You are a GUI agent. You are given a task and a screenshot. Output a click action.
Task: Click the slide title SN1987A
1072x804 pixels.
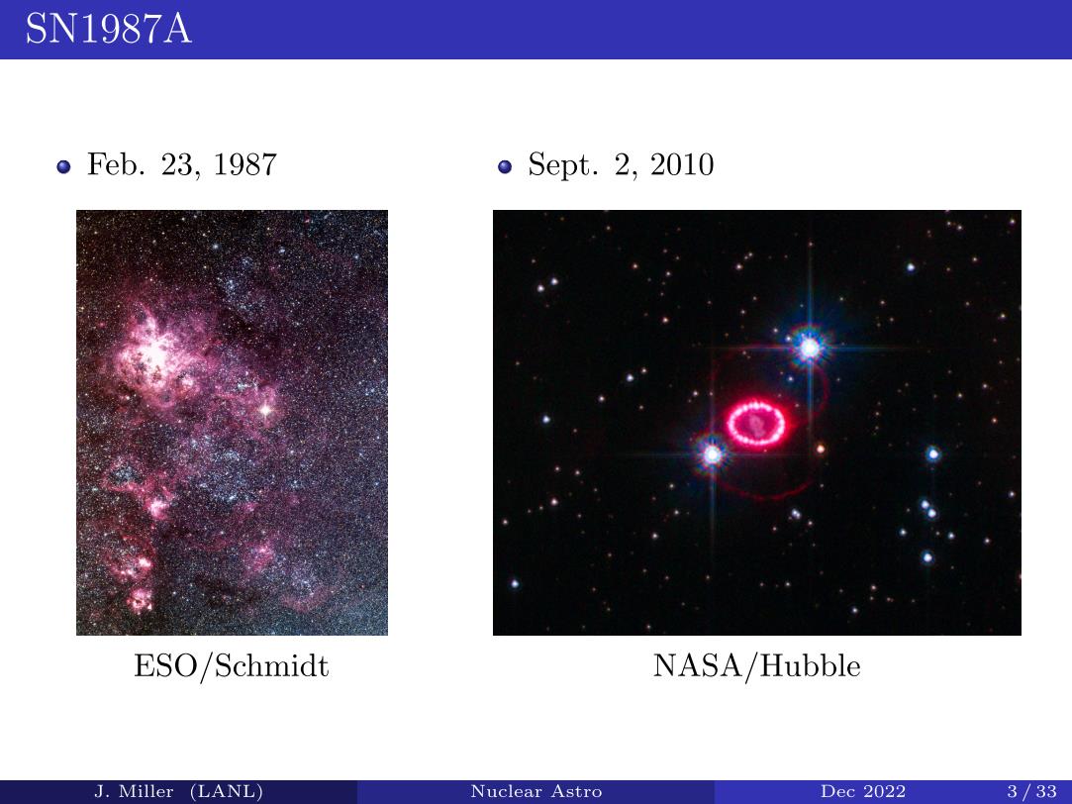(x=108, y=29)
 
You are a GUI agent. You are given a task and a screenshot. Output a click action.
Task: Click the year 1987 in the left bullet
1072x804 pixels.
(x=244, y=164)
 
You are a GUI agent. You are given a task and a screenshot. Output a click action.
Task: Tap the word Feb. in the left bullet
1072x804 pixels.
(x=116, y=164)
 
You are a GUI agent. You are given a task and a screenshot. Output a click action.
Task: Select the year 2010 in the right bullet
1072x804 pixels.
(x=682, y=164)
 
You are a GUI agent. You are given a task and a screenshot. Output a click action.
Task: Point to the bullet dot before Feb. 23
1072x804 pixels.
(x=63, y=166)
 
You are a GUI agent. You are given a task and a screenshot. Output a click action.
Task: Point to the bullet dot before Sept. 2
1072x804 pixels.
(x=505, y=166)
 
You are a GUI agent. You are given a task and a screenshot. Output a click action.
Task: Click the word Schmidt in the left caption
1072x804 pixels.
(x=271, y=666)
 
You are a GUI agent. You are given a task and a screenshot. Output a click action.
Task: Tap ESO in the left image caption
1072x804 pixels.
(x=163, y=666)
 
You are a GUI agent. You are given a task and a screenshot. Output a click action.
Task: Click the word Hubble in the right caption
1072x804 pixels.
(x=810, y=666)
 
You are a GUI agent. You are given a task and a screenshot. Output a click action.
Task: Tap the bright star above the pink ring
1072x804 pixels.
(x=810, y=348)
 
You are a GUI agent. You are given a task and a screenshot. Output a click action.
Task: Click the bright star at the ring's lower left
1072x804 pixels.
(x=713, y=453)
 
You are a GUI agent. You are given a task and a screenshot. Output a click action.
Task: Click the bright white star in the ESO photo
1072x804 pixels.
(x=265, y=410)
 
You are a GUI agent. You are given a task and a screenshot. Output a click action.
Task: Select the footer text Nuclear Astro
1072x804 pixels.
(x=536, y=792)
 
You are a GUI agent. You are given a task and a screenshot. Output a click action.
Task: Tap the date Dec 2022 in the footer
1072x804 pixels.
(x=863, y=792)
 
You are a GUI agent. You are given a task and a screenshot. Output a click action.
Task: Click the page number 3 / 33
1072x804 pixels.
(x=1031, y=792)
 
